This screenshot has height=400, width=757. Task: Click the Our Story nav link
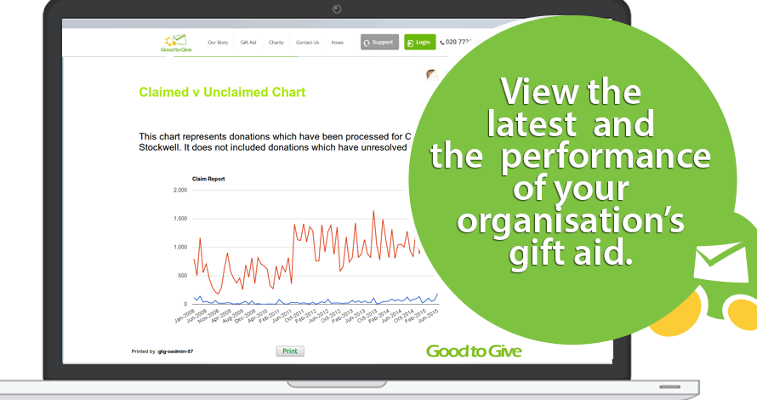pos(217,42)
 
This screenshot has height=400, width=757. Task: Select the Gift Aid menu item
pos(248,42)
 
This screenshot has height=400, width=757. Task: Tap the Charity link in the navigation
pos(276,42)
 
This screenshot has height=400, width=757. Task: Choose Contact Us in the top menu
pos(307,42)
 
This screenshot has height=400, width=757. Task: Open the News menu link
pos(338,42)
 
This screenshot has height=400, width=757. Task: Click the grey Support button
pos(379,42)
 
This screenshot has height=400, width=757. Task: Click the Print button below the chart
pos(290,351)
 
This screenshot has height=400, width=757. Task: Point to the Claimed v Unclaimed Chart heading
pos(222,92)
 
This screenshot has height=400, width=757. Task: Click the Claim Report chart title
pos(207,179)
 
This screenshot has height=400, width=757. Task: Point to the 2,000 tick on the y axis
pos(179,190)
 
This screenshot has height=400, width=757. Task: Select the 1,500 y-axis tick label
pos(179,219)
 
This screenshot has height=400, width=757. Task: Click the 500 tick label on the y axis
pos(181,276)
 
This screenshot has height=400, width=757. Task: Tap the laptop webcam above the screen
pos(338,9)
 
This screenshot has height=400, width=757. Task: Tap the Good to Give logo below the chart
pos(474,351)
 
